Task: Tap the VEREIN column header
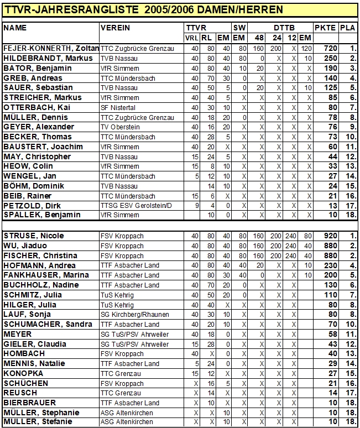pos(116,27)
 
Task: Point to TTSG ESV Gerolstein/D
pos(135,205)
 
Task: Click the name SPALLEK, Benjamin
pos(41,215)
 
